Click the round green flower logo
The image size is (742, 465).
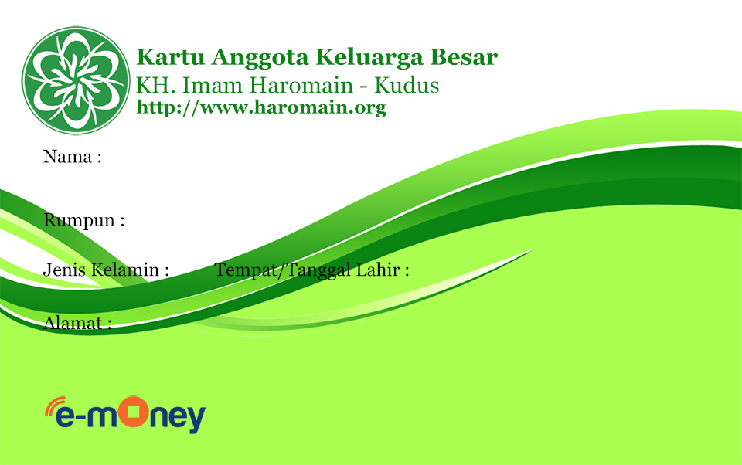[76, 80]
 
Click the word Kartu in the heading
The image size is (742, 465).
[171, 56]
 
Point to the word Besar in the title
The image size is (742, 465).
[464, 56]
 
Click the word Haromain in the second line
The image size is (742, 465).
[301, 86]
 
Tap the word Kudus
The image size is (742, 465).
[407, 86]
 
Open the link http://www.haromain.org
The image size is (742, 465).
[261, 107]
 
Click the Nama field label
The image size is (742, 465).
[73, 157]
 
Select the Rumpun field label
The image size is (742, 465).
[83, 221]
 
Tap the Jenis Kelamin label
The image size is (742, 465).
[106, 270]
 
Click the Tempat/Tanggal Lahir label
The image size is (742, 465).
[311, 270]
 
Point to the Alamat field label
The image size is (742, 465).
[77, 323]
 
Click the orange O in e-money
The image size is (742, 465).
[134, 411]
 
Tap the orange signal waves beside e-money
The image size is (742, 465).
[54, 406]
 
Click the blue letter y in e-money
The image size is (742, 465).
[196, 419]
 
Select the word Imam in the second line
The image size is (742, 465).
[213, 86]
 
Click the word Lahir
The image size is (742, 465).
[383, 270]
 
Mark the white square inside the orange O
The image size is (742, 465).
[134, 411]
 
